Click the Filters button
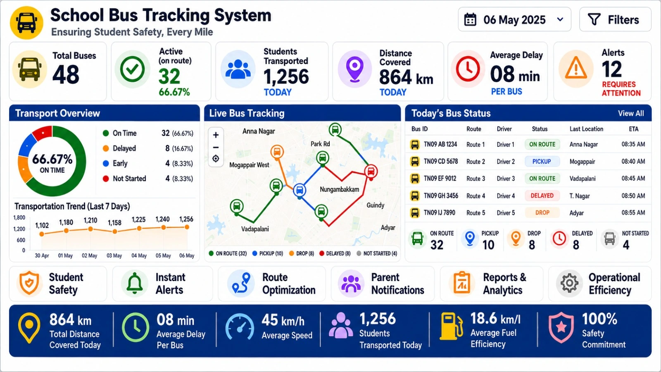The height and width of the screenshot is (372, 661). (x=615, y=19)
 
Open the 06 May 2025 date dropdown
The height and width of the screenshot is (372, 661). (x=514, y=19)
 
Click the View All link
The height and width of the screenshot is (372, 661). (x=631, y=113)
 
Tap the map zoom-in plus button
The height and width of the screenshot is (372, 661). (x=216, y=135)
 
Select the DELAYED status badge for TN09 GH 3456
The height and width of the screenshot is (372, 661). (x=542, y=196)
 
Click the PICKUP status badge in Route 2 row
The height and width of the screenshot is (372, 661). (x=542, y=162)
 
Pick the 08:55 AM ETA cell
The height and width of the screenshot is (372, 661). (x=633, y=212)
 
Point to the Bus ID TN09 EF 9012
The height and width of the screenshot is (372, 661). (x=440, y=178)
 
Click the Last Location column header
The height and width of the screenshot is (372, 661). (x=586, y=129)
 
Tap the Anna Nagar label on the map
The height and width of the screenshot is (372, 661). (x=259, y=131)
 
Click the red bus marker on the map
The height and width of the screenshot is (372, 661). (x=371, y=172)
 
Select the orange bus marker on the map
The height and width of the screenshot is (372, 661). (x=277, y=152)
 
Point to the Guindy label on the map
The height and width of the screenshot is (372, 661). (x=376, y=205)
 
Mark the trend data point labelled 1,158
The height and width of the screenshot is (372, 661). (x=115, y=231)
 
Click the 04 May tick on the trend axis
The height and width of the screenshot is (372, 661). (x=139, y=256)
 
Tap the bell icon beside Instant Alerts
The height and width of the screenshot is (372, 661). (x=135, y=283)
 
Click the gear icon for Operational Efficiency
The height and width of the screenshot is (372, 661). (x=570, y=283)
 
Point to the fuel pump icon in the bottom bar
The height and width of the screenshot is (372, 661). (x=451, y=327)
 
